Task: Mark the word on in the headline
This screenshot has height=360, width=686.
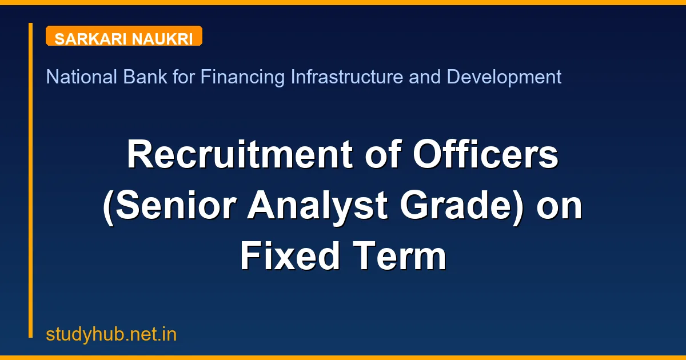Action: point(560,207)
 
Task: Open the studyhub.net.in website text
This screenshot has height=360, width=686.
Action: point(111,334)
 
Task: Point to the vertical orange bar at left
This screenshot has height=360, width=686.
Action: point(31,180)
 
